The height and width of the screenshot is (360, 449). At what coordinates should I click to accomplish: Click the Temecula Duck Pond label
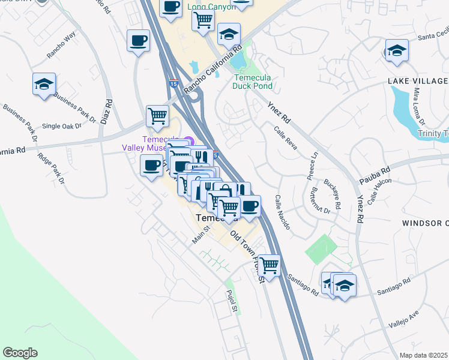pyautogui.click(x=253, y=82)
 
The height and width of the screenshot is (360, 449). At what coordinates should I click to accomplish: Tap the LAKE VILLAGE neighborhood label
pyautogui.click(x=418, y=81)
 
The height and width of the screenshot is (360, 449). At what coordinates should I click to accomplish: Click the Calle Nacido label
pyautogui.click(x=283, y=213)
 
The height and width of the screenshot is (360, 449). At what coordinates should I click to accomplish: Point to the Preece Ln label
pyautogui.click(x=313, y=163)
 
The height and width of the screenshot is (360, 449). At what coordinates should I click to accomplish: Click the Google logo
pyautogui.click(x=20, y=353)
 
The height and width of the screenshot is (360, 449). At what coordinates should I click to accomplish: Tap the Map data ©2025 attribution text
pyautogui.click(x=424, y=355)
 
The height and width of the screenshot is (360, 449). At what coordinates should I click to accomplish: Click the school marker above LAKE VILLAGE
pyautogui.click(x=397, y=50)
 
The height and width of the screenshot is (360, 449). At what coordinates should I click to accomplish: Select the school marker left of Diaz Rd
pyautogui.click(x=44, y=84)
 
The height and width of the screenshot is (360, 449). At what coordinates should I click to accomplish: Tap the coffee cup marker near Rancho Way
pyautogui.click(x=139, y=41)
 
